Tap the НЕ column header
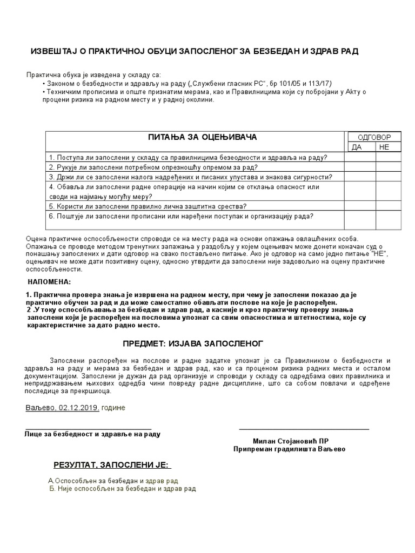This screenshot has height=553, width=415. pos(384,147)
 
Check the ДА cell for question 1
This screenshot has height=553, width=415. pos(360,157)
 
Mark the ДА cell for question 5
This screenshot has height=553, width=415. pos(360,206)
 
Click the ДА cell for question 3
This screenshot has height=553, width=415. pos(360,177)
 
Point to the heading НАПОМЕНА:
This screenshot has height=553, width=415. pos(49,282)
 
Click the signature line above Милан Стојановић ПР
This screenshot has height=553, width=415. pos(304,429)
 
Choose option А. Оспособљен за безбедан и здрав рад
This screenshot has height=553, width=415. pos(113,481)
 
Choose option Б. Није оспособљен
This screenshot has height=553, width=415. pos(122,489)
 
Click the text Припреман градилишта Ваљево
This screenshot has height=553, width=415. pos(289,449)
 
